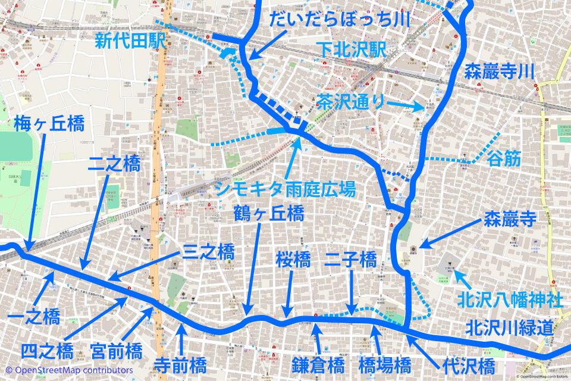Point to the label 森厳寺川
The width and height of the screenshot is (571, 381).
coord(500,73)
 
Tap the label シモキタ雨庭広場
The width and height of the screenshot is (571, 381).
coord(285,189)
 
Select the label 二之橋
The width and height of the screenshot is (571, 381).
coord(114,164)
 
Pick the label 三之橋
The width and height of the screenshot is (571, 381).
coord(209,251)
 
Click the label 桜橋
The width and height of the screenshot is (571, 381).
coord(293,259)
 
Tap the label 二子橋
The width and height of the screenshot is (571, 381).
coord(351,259)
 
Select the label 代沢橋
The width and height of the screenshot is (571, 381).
coord(469,364)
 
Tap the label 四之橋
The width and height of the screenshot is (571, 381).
coord(47,350)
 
